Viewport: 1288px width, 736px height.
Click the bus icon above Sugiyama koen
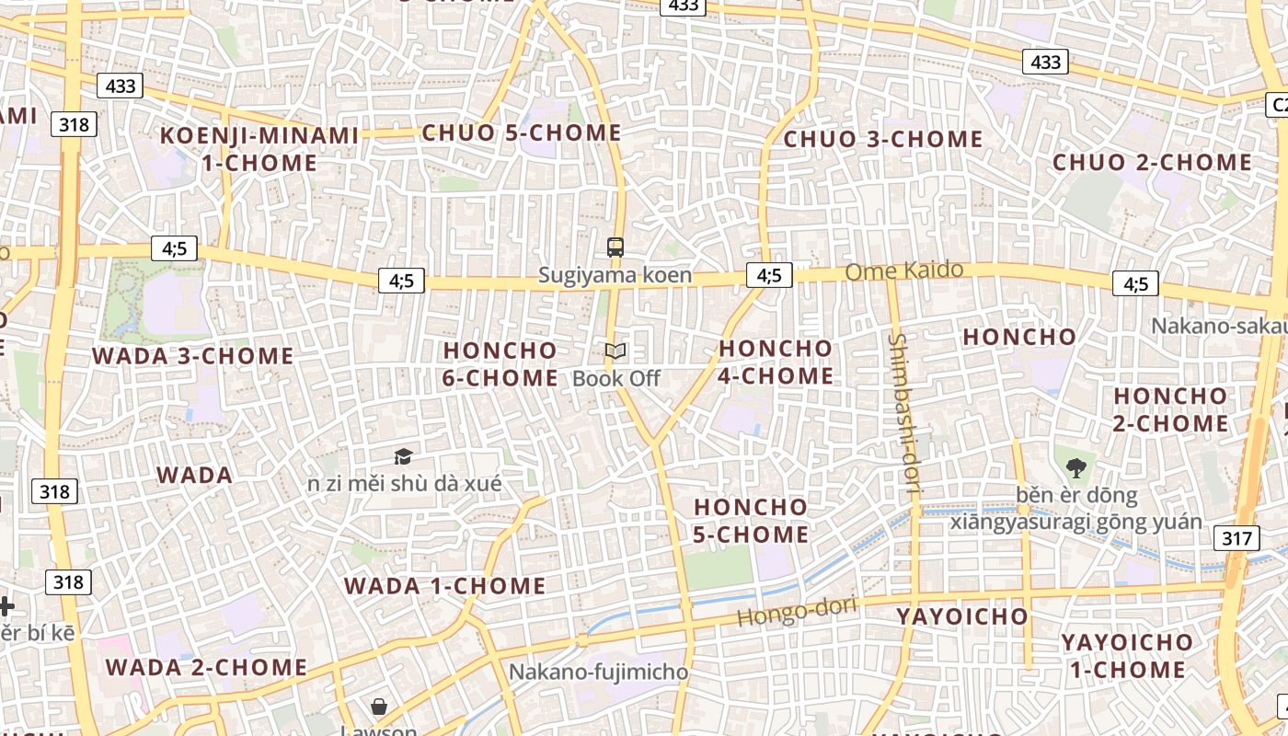coord(615,247)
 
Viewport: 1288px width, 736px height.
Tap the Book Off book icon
coord(615,351)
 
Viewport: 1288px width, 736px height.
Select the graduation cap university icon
coord(403,456)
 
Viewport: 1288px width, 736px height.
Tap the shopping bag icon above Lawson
coord(378,707)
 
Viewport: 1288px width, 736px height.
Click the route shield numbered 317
coord(1237,538)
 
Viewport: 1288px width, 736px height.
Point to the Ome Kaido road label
coord(903,270)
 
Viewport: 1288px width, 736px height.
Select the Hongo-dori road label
coord(797,611)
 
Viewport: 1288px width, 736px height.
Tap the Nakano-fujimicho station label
coord(598,672)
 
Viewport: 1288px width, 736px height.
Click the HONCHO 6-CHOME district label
coord(500,363)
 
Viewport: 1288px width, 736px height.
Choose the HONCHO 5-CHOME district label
coord(751,520)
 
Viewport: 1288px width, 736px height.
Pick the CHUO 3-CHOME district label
coord(882,140)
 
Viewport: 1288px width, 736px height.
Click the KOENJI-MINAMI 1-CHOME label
coord(259,149)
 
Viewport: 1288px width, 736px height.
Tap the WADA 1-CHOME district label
coord(444,586)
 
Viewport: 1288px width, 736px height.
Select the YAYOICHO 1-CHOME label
coord(1127,655)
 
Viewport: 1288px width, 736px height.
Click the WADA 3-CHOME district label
coord(192,356)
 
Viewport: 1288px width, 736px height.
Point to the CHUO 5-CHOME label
coord(521,132)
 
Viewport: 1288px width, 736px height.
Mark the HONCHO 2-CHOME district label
coord(1170,409)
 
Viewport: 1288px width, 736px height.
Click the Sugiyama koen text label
coord(615,275)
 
